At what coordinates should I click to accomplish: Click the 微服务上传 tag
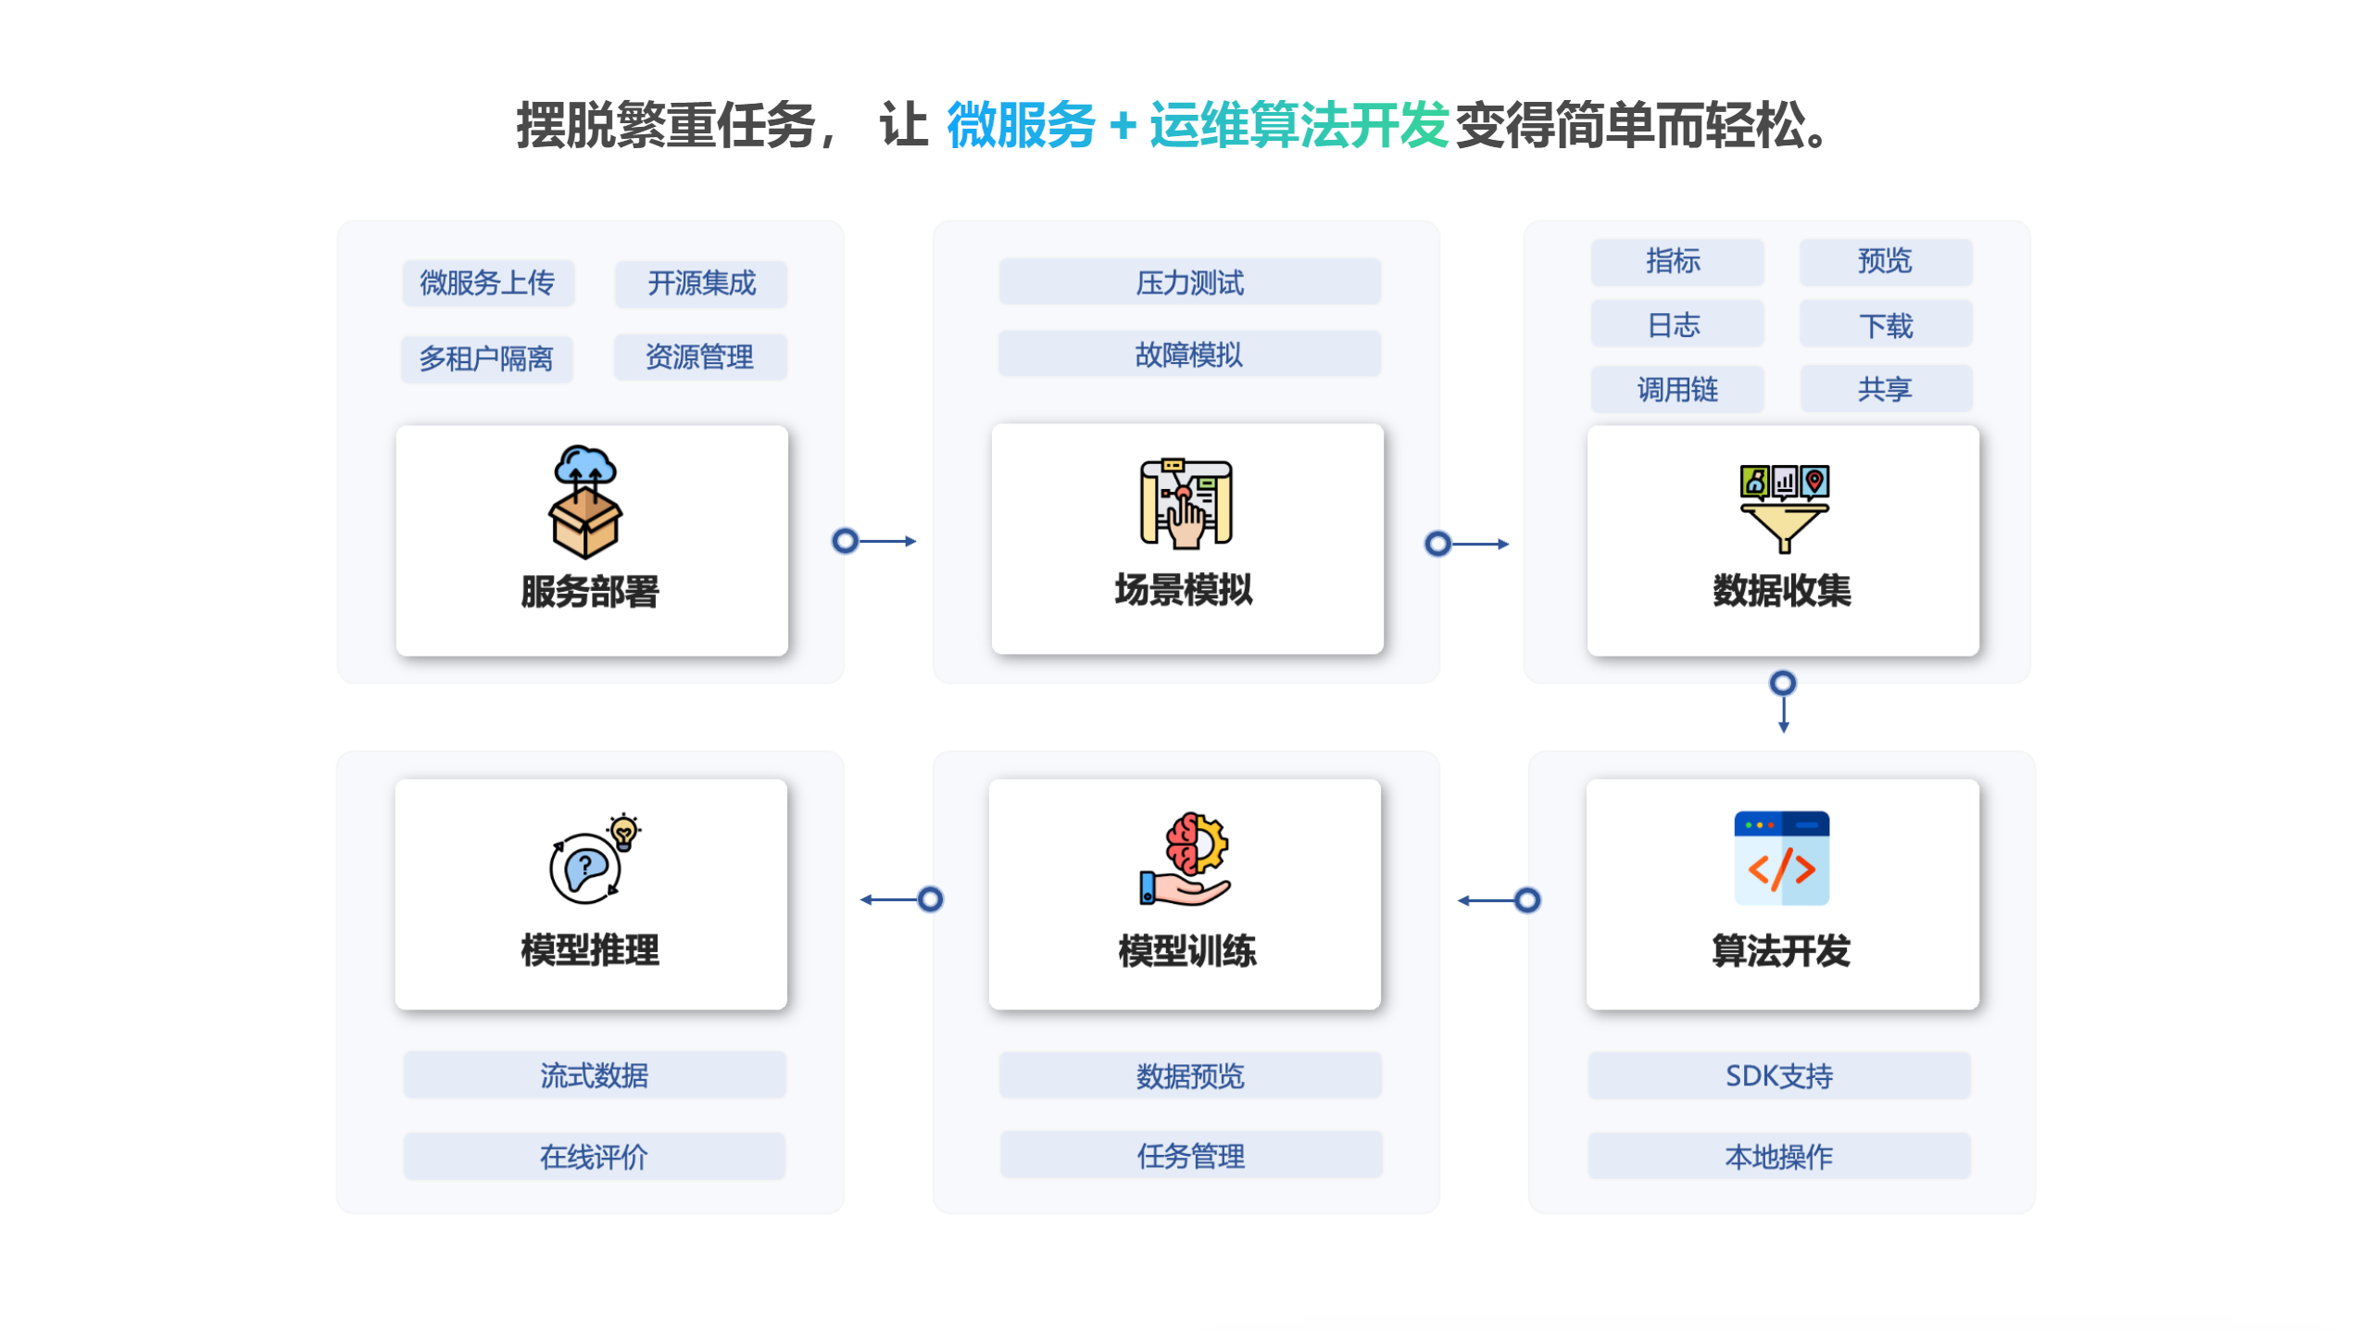[487, 282]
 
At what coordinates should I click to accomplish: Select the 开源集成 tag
[700, 282]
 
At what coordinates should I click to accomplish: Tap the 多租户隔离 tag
[486, 358]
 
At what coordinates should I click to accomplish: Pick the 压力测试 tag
[1188, 282]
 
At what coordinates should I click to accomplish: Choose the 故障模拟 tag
[1188, 354]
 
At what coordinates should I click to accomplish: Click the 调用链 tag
[1676, 388]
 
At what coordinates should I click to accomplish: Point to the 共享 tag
[1885, 388]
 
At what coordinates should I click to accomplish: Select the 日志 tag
[1676, 324]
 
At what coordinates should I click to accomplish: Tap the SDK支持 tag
[1778, 1074]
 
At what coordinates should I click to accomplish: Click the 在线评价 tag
[594, 1155]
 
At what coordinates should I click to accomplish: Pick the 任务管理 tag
[1190, 1154]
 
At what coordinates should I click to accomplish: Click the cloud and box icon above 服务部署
[585, 501]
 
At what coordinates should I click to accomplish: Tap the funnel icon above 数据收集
[1783, 508]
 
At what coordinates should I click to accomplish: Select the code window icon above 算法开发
[1781, 858]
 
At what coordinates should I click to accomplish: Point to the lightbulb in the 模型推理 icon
[623, 832]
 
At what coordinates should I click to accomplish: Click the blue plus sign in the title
[1123, 125]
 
